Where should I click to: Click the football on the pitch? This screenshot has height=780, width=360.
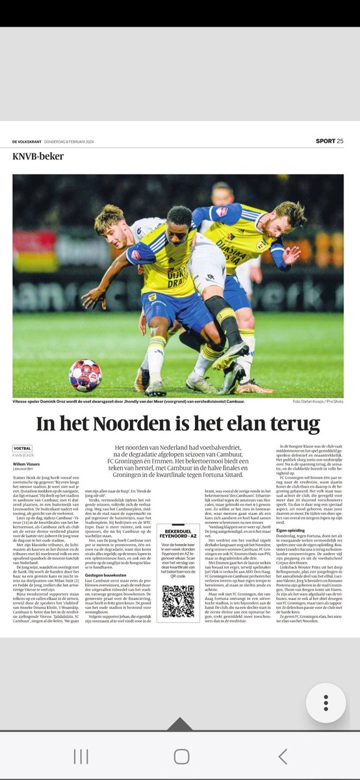pos(85,375)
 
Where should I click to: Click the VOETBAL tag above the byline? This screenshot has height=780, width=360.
pos(22,448)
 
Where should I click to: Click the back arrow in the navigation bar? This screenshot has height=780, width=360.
pos(282,756)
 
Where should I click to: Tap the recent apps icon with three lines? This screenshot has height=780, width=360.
pos(81,756)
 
